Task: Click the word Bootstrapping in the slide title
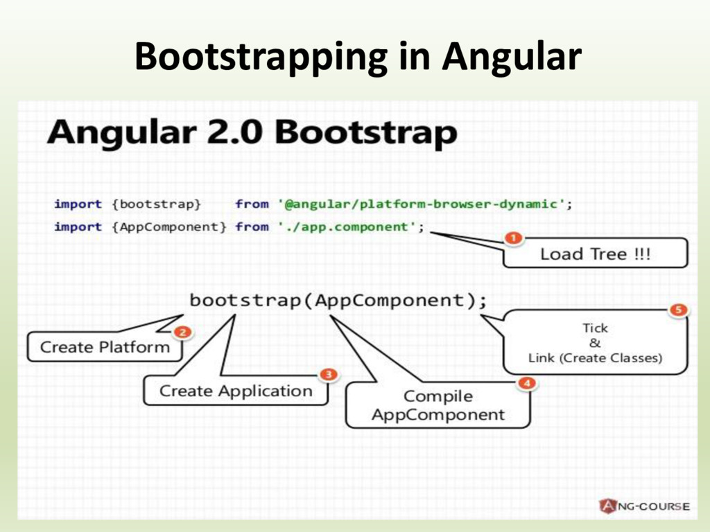[x=261, y=57]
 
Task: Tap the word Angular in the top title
[x=511, y=57]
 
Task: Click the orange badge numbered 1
[x=512, y=238]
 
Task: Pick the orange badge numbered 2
[x=182, y=332]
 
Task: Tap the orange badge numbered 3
[x=328, y=375]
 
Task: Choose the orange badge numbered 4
[x=528, y=382]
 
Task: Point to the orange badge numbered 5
[x=678, y=310]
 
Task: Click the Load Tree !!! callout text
[x=595, y=254]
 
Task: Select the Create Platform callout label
[x=105, y=347]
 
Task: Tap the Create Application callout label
[x=236, y=391]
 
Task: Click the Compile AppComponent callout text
[x=438, y=406]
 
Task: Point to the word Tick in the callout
[x=595, y=328]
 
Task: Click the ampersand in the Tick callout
[x=595, y=343]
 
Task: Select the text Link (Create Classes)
[x=595, y=358]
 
